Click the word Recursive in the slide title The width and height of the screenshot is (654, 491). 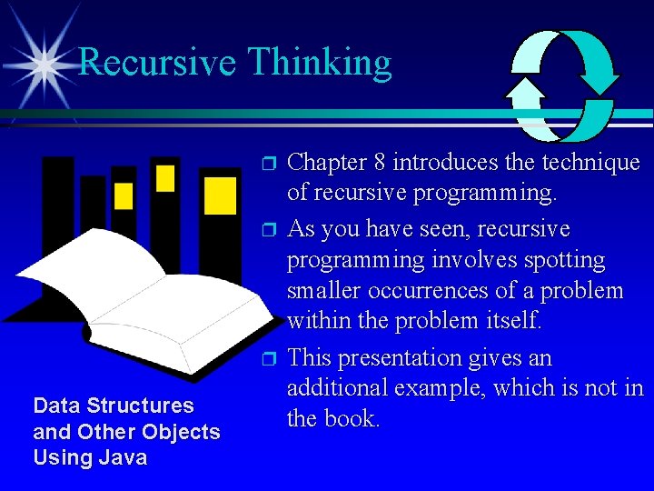158,63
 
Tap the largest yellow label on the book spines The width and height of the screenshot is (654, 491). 220,195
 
